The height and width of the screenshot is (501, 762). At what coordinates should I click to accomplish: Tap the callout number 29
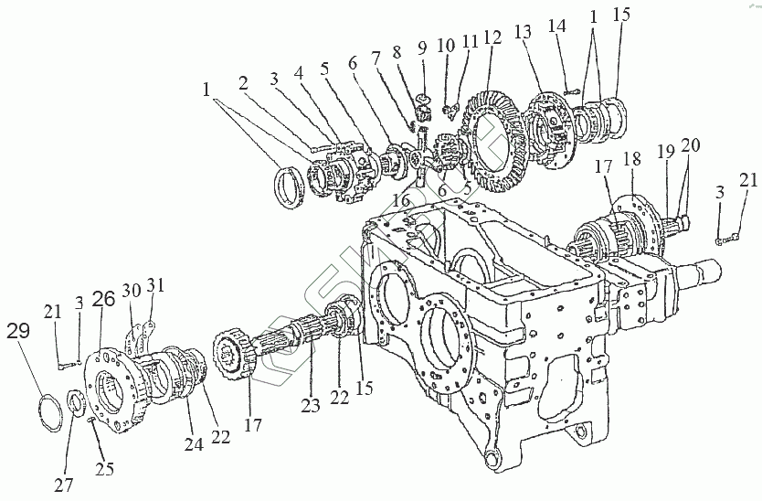point(17,331)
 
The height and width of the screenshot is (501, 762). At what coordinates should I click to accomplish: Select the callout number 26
point(104,298)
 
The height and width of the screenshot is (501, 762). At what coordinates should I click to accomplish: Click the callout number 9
point(422,46)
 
